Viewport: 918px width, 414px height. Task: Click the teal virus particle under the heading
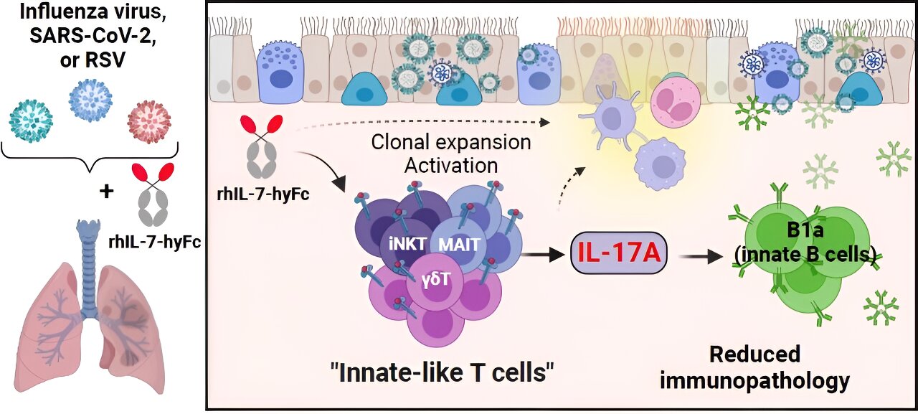tap(31, 120)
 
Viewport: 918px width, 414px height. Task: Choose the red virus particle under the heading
tap(149, 121)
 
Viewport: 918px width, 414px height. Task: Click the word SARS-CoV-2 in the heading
tap(91, 37)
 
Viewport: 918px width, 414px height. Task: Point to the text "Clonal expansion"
tap(451, 142)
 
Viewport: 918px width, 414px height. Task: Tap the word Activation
tap(451, 166)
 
